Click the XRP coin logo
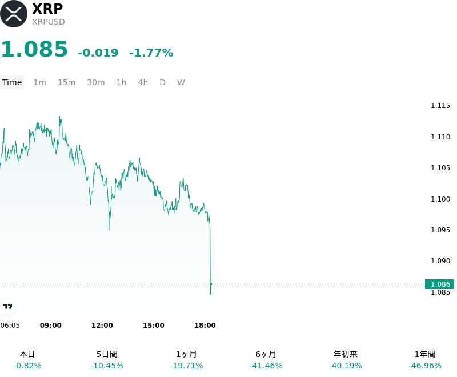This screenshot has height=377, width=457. (x=13, y=14)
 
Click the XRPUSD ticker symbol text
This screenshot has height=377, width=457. (x=49, y=22)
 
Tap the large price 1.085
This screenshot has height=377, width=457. (x=35, y=49)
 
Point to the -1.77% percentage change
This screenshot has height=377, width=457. (x=151, y=53)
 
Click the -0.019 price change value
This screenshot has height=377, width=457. (x=98, y=53)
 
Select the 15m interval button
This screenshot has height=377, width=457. (x=66, y=82)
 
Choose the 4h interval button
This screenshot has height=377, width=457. (x=143, y=82)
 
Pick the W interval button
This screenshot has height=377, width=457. (x=181, y=82)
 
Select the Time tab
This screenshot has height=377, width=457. (x=12, y=82)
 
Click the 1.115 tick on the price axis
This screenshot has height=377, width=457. (x=440, y=106)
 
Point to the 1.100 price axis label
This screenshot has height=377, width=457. (x=440, y=199)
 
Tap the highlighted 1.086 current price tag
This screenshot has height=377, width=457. (x=439, y=284)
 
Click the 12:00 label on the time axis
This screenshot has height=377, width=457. (x=102, y=326)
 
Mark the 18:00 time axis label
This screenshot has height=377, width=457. (x=205, y=326)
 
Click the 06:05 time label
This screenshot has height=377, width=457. (x=10, y=326)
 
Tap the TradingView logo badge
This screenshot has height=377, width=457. (x=7, y=307)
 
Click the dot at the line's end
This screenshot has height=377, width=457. (x=211, y=284)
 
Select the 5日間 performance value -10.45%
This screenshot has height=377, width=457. (x=107, y=366)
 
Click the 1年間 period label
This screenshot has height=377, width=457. (x=425, y=354)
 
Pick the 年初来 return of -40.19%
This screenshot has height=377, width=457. (x=346, y=366)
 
